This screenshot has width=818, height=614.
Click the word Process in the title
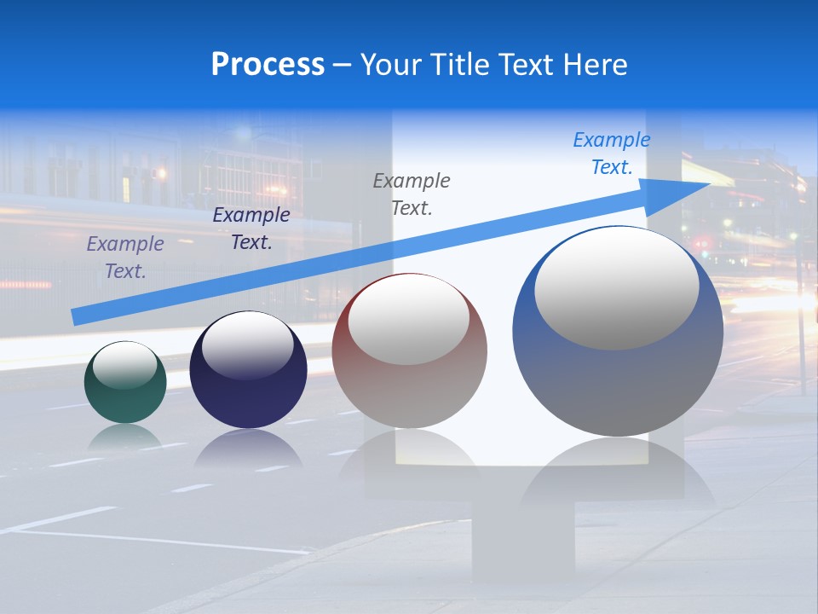(x=268, y=65)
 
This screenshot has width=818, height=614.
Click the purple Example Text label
(x=125, y=258)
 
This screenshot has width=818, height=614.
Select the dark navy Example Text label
(x=251, y=229)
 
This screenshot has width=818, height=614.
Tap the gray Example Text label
(x=412, y=194)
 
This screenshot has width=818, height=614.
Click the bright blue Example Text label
(x=611, y=153)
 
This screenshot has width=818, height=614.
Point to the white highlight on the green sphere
(x=124, y=365)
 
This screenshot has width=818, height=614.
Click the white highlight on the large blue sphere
(x=616, y=288)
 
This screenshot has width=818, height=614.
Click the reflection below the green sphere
(x=125, y=437)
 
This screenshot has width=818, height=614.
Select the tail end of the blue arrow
(x=77, y=317)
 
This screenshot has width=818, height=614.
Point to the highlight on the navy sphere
(x=248, y=345)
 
